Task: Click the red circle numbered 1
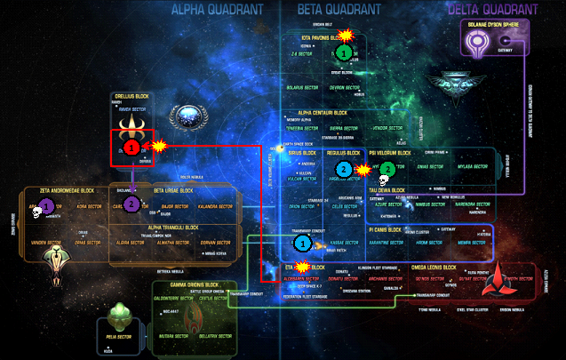[131, 145]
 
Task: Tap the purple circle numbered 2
[132, 204]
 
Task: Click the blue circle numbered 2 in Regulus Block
[344, 168]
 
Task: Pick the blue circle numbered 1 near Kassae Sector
[302, 242]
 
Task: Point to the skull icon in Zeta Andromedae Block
[36, 210]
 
